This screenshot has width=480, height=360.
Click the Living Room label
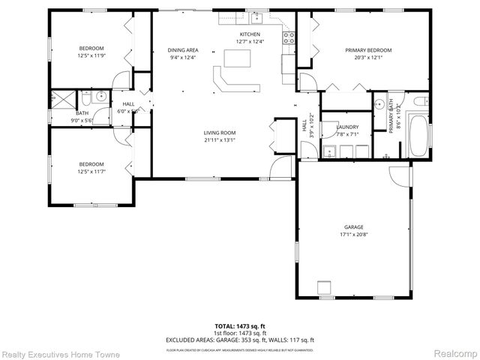(x=220, y=133)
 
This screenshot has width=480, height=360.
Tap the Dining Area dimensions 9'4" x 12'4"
(x=182, y=57)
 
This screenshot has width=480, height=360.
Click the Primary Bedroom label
(x=368, y=50)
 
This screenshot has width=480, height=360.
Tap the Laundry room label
(x=347, y=127)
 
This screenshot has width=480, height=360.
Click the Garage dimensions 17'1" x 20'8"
(x=354, y=234)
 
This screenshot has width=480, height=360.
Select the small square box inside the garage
(x=324, y=287)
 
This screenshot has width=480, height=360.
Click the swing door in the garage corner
(x=400, y=175)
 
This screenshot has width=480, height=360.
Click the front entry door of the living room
(x=280, y=168)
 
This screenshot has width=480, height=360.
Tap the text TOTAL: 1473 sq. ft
(x=240, y=326)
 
